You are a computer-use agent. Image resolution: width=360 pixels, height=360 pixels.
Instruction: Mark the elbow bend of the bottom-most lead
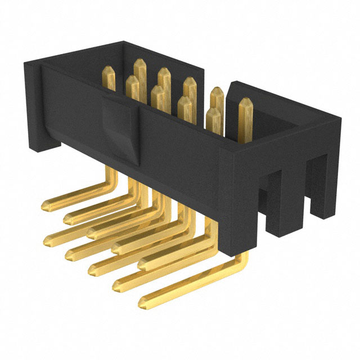tap(243, 260)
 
